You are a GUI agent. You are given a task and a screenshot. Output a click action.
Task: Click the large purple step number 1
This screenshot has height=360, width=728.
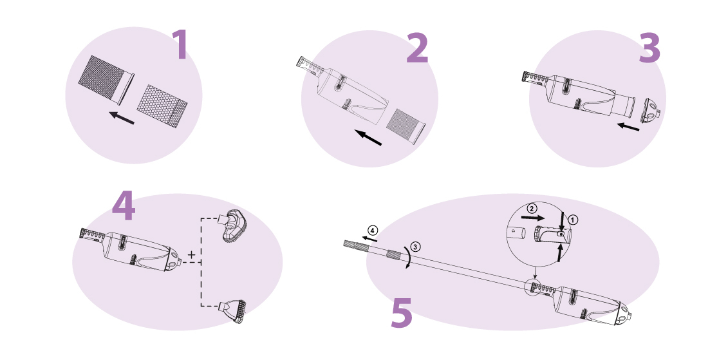click(180, 44)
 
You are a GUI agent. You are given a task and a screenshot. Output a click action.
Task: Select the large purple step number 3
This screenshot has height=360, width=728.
click(649, 48)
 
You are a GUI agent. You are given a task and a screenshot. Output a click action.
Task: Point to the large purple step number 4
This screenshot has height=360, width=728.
click(124, 206)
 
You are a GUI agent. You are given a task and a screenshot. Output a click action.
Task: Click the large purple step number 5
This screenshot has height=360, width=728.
click(402, 313)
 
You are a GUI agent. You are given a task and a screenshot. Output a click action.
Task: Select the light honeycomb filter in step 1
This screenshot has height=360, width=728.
click(162, 106)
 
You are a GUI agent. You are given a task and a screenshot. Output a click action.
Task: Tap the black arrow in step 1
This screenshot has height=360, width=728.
click(122, 117)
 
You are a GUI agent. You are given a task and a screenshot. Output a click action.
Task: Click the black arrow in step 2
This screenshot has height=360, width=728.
click(368, 138)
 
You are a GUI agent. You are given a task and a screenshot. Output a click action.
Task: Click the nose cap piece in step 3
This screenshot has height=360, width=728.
click(651, 111)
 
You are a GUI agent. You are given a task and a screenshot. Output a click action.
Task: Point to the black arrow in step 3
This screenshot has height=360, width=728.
click(628, 126)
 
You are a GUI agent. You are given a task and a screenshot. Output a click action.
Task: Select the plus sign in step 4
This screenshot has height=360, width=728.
click(191, 254)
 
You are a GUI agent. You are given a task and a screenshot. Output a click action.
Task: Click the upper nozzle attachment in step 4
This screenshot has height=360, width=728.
click(232, 226)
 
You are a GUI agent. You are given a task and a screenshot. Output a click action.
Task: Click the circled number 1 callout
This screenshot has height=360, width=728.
click(574, 220)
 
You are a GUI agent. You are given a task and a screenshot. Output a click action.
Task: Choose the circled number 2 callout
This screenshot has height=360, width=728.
click(532, 209)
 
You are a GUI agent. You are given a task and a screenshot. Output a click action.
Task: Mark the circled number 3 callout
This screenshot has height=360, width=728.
click(416, 247)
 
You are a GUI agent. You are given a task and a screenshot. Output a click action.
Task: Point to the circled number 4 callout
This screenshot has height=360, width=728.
click(373, 231)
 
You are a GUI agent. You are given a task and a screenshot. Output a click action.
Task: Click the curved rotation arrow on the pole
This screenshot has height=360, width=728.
click(409, 256)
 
